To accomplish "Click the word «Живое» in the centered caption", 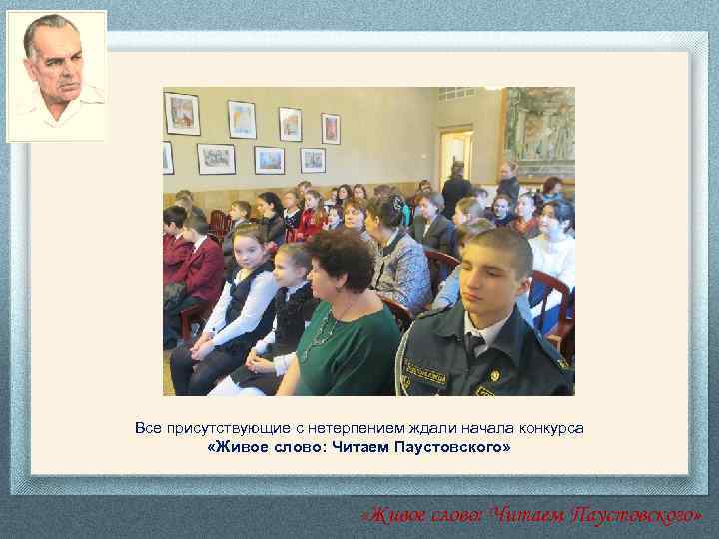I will pyautogui.click(x=236, y=448).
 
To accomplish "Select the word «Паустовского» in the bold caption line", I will pyautogui.click(x=453, y=448).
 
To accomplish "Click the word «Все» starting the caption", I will pyautogui.click(x=147, y=428).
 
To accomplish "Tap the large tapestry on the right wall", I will pyautogui.click(x=539, y=130).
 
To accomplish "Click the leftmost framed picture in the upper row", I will pyautogui.click(x=181, y=113).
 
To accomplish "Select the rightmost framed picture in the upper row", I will pyautogui.click(x=330, y=128).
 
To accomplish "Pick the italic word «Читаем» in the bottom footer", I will pyautogui.click(x=529, y=515).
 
